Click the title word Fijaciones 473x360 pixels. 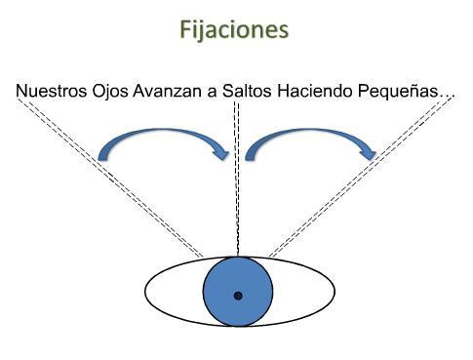[x=235, y=30]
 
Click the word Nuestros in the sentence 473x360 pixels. [x=50, y=92]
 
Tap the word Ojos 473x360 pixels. [x=107, y=92]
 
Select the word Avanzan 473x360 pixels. [x=165, y=92]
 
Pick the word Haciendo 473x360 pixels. [x=309, y=92]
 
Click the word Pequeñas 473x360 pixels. [x=395, y=92]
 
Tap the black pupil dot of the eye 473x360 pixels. [x=237, y=295]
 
